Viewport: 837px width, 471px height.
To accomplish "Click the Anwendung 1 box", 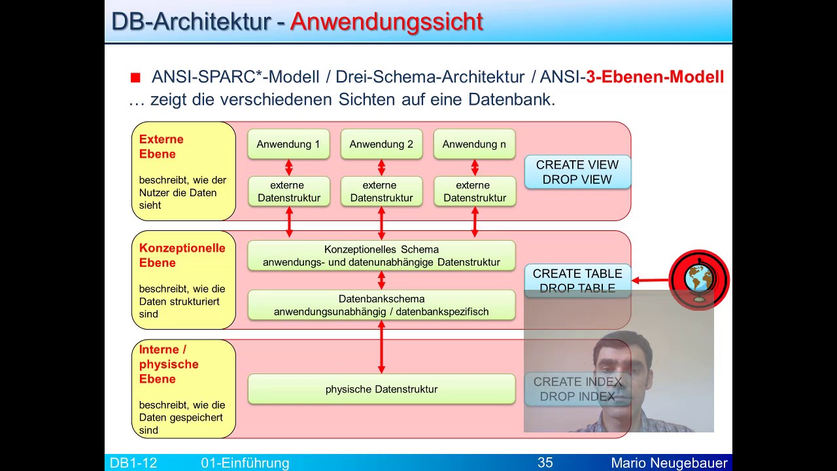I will pos(288,144).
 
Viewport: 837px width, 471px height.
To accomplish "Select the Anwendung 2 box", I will pos(381,144).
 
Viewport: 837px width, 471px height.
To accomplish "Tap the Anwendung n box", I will pos(474,144).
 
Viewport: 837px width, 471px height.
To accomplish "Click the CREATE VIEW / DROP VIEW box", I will pos(577,172).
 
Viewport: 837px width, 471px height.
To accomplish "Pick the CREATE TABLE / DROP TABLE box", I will pos(577,280).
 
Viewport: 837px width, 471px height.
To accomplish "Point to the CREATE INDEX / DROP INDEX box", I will pos(577,389).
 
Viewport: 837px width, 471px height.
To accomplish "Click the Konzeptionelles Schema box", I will pos(381,256).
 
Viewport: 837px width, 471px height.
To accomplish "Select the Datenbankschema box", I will pos(381,305).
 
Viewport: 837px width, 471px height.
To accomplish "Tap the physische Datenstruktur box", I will pos(381,389).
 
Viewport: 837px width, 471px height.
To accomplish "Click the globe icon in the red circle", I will pos(698,280).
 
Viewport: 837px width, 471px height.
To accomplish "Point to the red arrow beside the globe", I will pos(650,281).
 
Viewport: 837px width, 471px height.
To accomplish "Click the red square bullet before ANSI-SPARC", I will pos(135,78).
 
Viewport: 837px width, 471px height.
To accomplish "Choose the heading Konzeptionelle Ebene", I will pos(182,255).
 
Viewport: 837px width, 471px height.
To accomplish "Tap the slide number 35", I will pos(545,463).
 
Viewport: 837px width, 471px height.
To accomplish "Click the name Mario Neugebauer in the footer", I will pos(669,463).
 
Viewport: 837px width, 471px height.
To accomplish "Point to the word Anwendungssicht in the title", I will pos(386,22).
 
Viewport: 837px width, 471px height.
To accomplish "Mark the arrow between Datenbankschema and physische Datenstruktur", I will pos(381,347).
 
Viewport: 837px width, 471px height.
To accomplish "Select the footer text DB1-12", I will pos(133,463).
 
